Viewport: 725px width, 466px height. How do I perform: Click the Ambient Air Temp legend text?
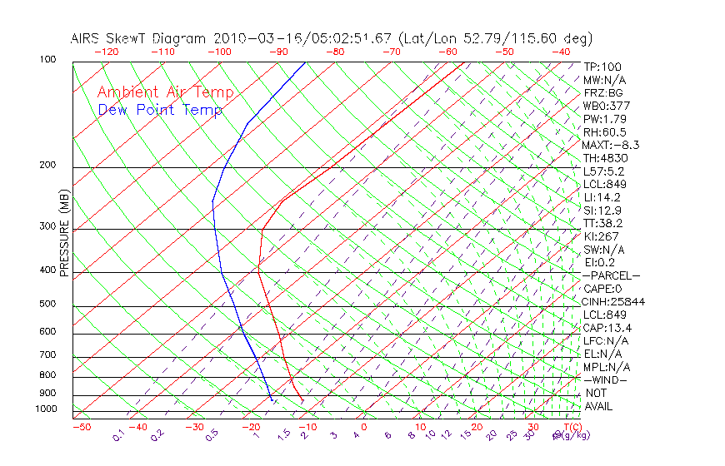click(x=165, y=92)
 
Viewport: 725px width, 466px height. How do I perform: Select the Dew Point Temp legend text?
click(x=160, y=110)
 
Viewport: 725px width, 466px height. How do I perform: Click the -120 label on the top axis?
click(x=107, y=52)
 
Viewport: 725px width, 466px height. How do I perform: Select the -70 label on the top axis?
click(x=391, y=52)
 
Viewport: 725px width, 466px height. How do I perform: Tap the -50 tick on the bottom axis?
click(x=81, y=427)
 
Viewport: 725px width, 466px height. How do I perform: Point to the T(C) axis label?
click(x=571, y=427)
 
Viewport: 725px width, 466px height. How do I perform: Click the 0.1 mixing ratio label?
click(x=119, y=435)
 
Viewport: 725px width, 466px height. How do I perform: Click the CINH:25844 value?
click(x=614, y=301)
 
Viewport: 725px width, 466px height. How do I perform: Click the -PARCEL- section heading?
click(x=611, y=275)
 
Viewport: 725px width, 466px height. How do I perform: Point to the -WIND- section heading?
click(x=606, y=379)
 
